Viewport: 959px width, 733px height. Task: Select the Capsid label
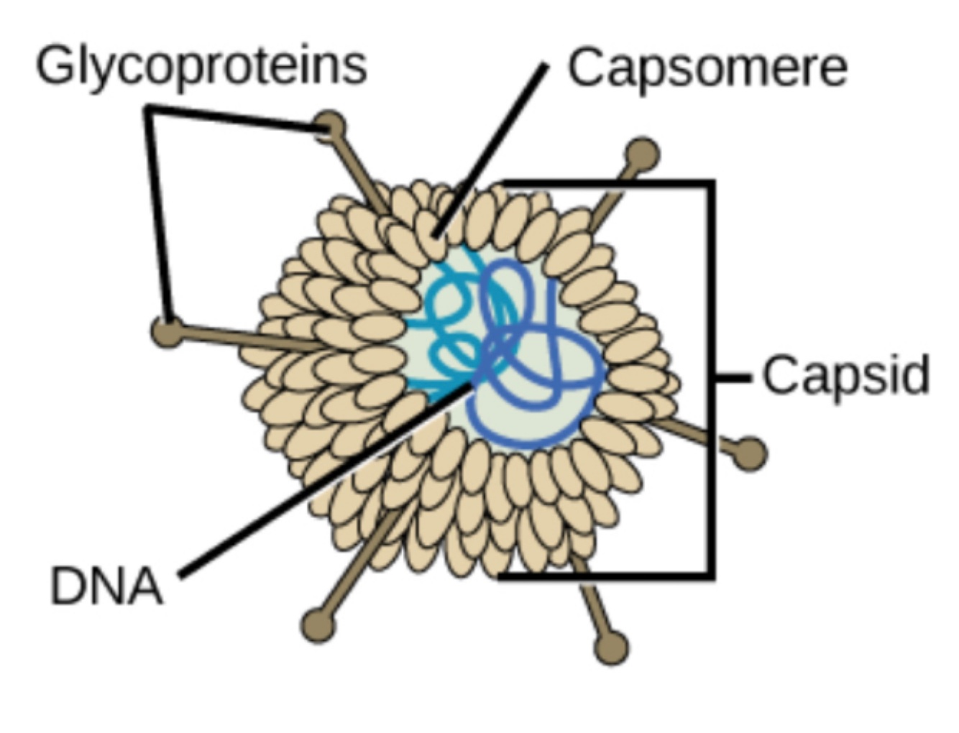pos(845,375)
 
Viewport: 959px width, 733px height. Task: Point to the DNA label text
pos(106,586)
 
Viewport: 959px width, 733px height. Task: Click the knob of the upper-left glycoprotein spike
pos(330,126)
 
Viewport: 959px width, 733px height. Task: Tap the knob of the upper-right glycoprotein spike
pos(642,154)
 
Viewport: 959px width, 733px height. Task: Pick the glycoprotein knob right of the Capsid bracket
pos(751,453)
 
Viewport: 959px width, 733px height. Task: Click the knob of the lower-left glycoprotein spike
pos(318,625)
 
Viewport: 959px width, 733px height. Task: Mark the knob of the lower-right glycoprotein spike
pos(612,647)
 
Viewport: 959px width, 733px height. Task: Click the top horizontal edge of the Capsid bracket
pos(611,184)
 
